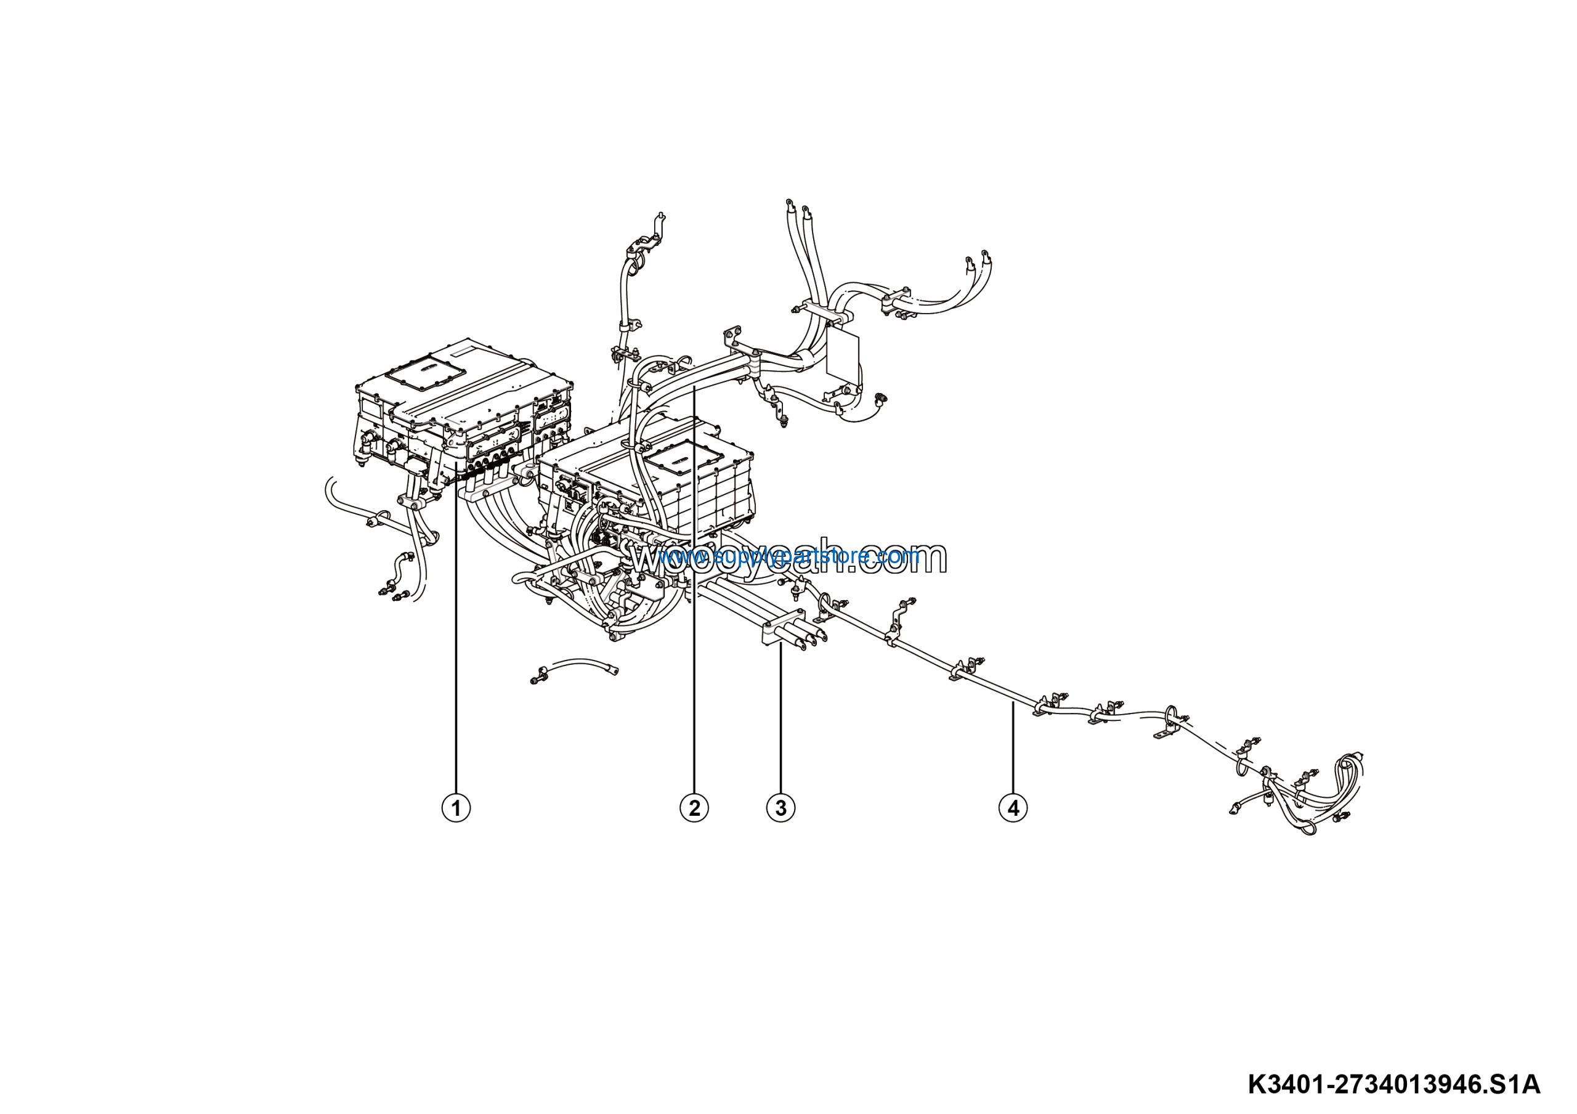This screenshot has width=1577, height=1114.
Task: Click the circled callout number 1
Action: click(x=456, y=808)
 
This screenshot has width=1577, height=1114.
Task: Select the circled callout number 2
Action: click(x=694, y=808)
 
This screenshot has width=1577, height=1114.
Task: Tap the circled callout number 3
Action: click(x=780, y=808)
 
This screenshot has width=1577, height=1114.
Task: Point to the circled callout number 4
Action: click(x=1013, y=808)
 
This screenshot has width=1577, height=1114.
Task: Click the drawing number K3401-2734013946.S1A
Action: click(x=1393, y=1086)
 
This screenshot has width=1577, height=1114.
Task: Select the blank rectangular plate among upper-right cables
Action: click(x=842, y=357)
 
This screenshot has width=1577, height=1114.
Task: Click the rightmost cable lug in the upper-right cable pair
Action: click(x=986, y=257)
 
